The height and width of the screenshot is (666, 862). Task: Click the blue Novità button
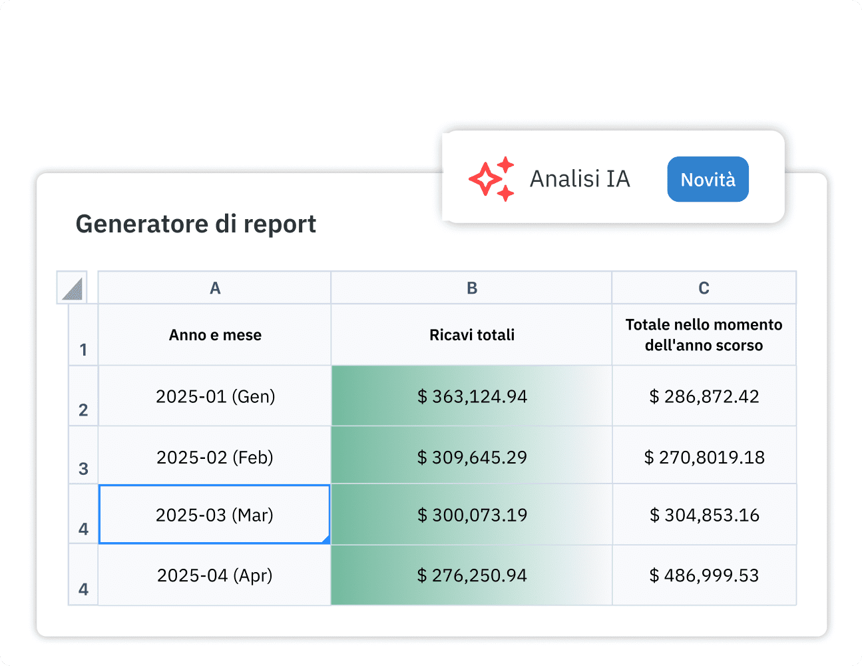pyautogui.click(x=708, y=179)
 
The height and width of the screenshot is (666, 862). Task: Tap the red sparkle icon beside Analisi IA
pyautogui.click(x=491, y=179)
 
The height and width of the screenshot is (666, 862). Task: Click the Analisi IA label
pyautogui.click(x=579, y=179)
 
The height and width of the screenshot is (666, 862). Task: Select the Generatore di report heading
pyautogui.click(x=196, y=224)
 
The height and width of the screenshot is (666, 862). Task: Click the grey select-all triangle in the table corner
pyautogui.click(x=72, y=288)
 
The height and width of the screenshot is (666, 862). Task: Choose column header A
pyautogui.click(x=214, y=288)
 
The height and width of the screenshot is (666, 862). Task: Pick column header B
pyautogui.click(x=471, y=288)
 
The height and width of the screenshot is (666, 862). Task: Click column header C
pyautogui.click(x=704, y=288)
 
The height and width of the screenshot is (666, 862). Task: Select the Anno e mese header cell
pyautogui.click(x=214, y=335)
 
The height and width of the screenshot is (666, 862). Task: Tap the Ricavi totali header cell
pyautogui.click(x=471, y=335)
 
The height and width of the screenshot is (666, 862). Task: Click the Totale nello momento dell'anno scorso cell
pyautogui.click(x=704, y=335)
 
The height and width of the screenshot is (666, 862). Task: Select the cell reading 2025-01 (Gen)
pyautogui.click(x=214, y=396)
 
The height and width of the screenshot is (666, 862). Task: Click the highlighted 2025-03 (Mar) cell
pyautogui.click(x=214, y=515)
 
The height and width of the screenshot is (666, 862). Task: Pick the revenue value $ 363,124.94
pyautogui.click(x=471, y=396)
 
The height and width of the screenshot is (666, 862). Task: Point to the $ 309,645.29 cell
pyautogui.click(x=471, y=458)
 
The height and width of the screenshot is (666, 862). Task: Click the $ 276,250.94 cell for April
pyautogui.click(x=471, y=575)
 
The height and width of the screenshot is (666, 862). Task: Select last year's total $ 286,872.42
pyautogui.click(x=704, y=396)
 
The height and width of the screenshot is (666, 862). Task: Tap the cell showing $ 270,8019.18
pyautogui.click(x=704, y=458)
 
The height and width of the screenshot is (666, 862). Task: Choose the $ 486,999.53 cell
pyautogui.click(x=704, y=575)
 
